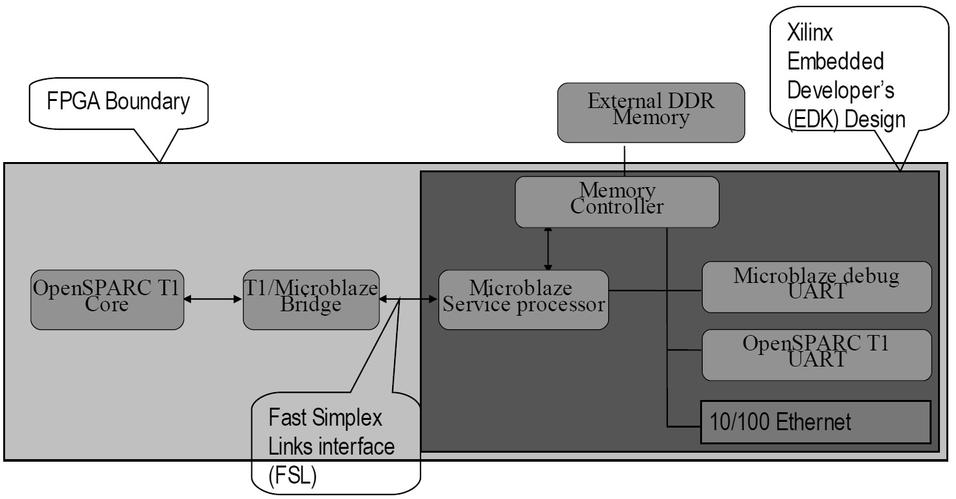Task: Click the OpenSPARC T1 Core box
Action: (107, 300)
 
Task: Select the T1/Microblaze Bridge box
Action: (311, 300)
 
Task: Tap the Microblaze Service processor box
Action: (523, 300)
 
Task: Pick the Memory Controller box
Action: (617, 201)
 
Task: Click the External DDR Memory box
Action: (651, 112)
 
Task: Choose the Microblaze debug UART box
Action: (816, 287)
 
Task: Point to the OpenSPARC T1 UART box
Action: (816, 354)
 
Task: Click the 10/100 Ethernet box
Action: (815, 422)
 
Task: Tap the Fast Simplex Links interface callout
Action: (334, 444)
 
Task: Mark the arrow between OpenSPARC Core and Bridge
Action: (213, 299)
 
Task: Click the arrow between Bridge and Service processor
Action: (409, 299)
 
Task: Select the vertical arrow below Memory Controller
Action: (548, 248)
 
